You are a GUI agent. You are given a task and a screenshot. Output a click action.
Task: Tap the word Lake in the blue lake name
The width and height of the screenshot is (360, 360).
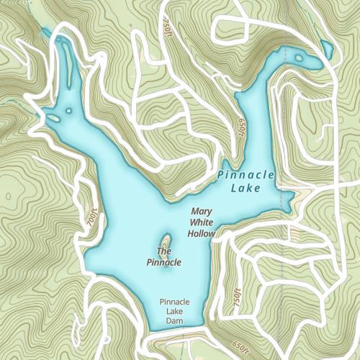[245, 189]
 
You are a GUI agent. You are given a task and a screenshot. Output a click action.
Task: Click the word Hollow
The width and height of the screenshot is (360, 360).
[202, 233]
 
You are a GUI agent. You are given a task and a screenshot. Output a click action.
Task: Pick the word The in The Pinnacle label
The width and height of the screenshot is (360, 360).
[163, 251]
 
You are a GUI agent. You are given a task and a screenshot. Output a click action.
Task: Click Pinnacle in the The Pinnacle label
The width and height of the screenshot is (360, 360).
[163, 262]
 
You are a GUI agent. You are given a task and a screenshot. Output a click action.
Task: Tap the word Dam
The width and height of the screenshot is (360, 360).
[175, 320]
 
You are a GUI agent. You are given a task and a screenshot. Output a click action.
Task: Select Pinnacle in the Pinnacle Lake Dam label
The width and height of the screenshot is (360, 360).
[175, 301]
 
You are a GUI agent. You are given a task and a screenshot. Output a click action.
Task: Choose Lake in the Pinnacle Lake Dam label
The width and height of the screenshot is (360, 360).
[175, 311]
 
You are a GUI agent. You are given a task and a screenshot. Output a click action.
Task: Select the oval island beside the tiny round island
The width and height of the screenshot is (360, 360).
[68, 110]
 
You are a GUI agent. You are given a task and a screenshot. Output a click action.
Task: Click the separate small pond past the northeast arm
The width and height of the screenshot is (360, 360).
[327, 49]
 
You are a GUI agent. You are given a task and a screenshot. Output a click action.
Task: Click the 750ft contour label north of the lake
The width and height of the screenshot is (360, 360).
[167, 25]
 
